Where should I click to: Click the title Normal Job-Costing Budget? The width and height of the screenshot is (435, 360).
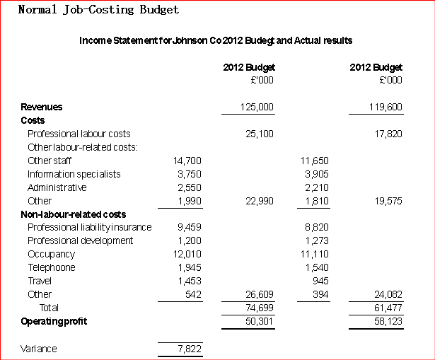pyautogui.click(x=98, y=10)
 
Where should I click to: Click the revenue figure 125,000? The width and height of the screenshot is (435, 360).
pyautogui.click(x=257, y=107)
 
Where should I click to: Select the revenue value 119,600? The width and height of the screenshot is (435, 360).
pyautogui.click(x=385, y=107)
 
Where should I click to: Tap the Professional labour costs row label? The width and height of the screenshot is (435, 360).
pyautogui.click(x=79, y=134)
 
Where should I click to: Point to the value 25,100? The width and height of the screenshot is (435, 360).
pyautogui.click(x=260, y=134)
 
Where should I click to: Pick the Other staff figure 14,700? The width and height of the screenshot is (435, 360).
pyautogui.click(x=187, y=161)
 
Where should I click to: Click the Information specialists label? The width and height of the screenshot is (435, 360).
pyautogui.click(x=74, y=174)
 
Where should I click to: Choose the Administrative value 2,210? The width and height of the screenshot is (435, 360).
pyautogui.click(x=317, y=187)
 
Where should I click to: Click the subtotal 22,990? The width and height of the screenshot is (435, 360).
pyautogui.click(x=260, y=201)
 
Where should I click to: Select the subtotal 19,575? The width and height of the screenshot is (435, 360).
pyautogui.click(x=388, y=201)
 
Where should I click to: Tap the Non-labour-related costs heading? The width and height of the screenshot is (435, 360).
pyautogui.click(x=74, y=214)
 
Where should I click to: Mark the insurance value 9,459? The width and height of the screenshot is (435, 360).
pyautogui.click(x=190, y=228)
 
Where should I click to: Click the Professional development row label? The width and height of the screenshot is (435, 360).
pyautogui.click(x=81, y=240)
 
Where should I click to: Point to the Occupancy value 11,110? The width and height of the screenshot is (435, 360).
pyautogui.click(x=315, y=255)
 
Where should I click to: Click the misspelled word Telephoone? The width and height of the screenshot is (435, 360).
pyautogui.click(x=52, y=267)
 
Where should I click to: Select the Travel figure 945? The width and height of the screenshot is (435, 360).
pyautogui.click(x=320, y=281)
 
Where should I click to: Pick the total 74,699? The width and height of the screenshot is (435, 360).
pyautogui.click(x=260, y=308)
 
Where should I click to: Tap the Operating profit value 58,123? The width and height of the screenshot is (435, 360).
pyautogui.click(x=388, y=321)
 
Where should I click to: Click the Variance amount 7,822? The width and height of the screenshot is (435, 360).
pyautogui.click(x=190, y=349)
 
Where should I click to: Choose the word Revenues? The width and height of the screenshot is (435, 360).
pyautogui.click(x=42, y=107)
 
